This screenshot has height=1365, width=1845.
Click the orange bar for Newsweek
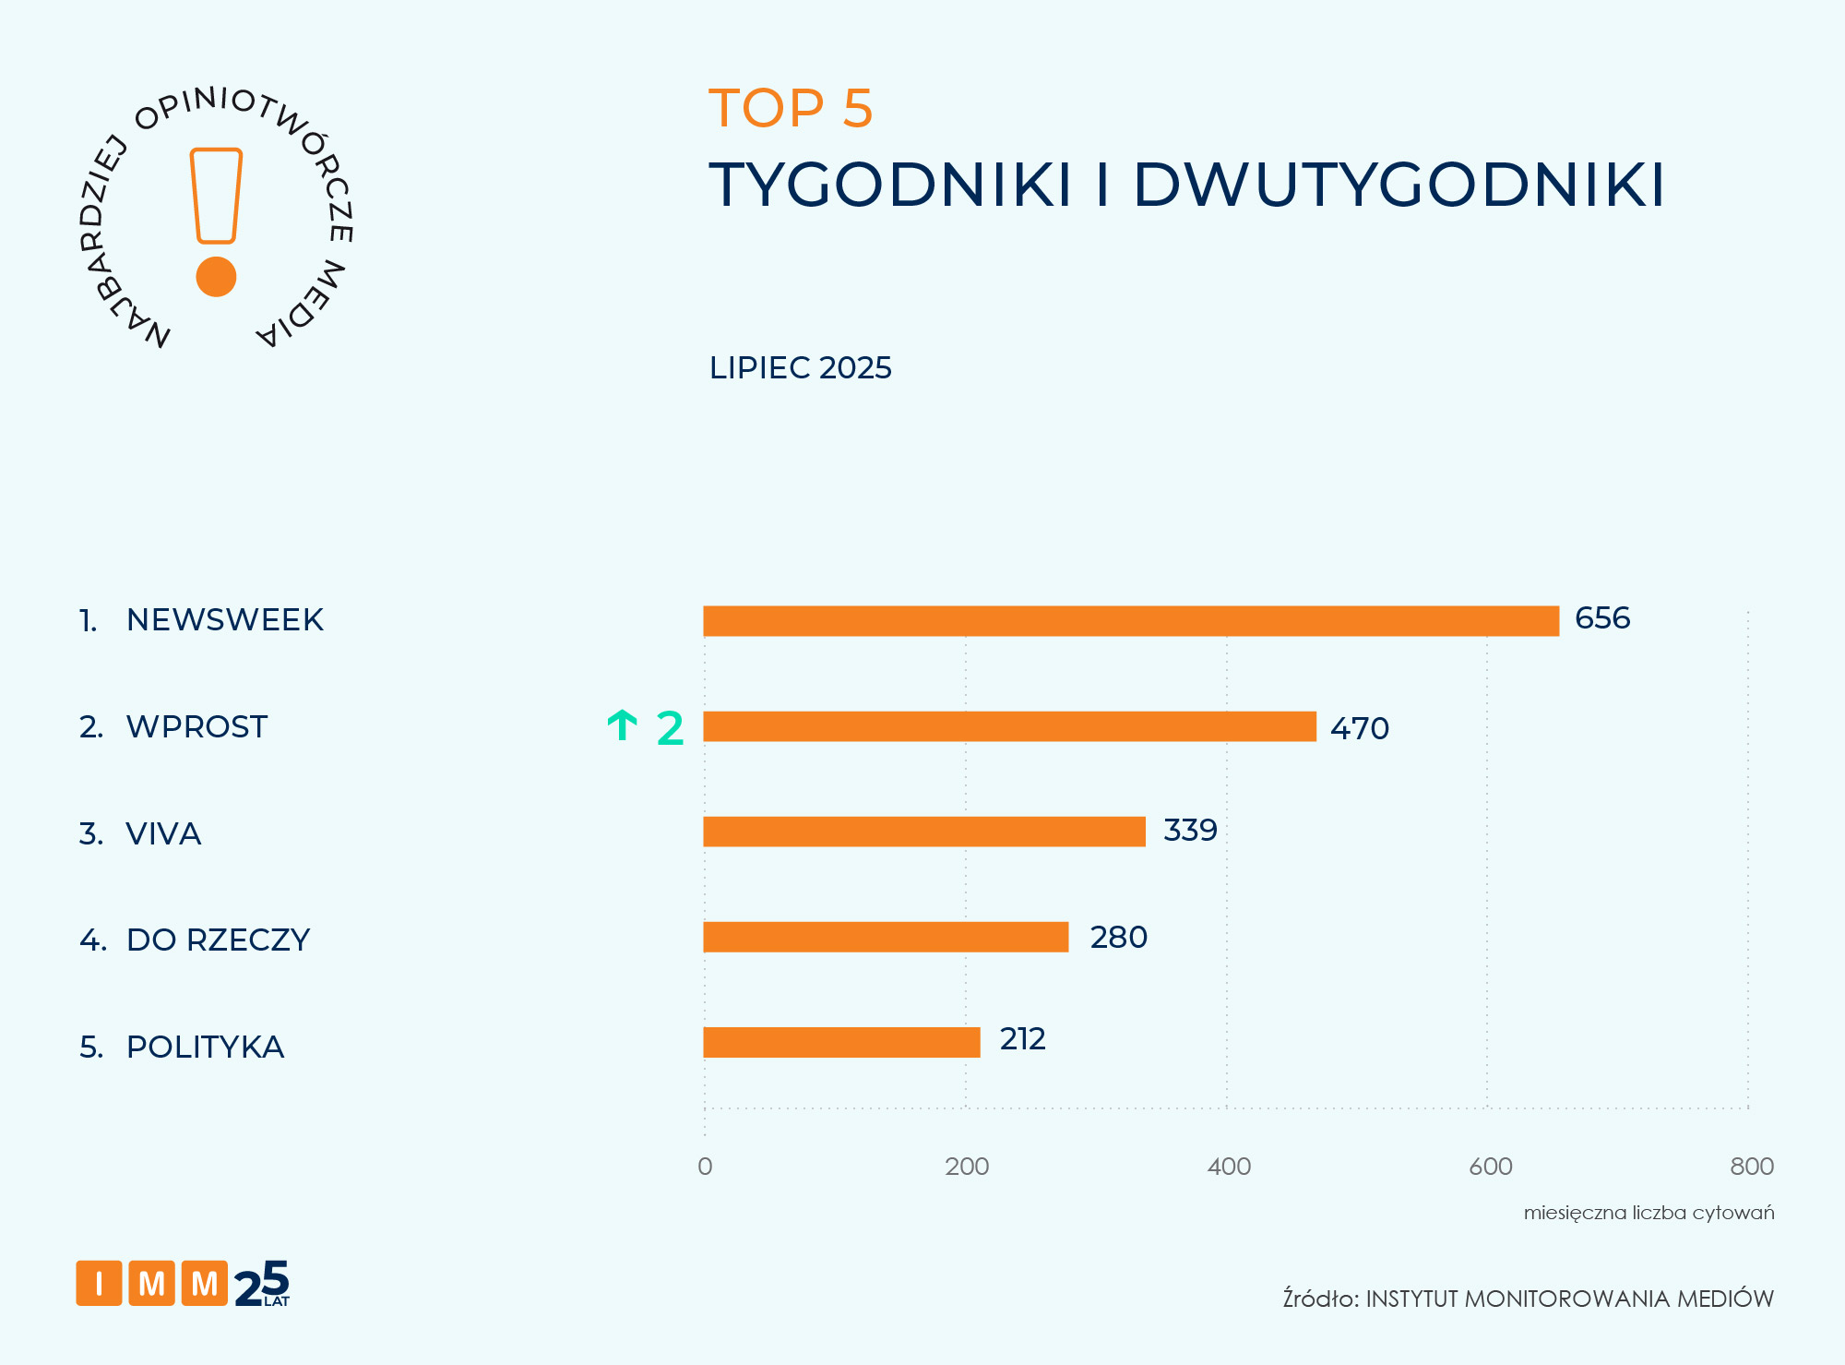(1130, 621)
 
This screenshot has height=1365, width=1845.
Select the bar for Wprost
(1009, 726)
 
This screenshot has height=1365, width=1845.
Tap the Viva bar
(923, 832)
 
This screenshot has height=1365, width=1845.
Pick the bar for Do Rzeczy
(886, 937)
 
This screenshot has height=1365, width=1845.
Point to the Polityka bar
(841, 1042)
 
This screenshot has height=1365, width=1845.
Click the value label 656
(1602, 618)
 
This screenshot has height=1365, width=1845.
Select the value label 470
(1359, 729)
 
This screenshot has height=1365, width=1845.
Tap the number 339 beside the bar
(1190, 831)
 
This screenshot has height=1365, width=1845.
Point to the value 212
(1022, 1039)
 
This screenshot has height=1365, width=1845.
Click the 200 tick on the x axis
(967, 1167)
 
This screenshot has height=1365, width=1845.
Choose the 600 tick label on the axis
(1491, 1167)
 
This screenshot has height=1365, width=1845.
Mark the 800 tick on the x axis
(1752, 1167)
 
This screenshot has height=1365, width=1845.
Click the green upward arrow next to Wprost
(623, 726)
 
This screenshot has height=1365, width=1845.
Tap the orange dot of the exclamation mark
(217, 277)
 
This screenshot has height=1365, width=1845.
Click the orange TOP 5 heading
(791, 109)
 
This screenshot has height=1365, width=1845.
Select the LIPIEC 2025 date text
(800, 368)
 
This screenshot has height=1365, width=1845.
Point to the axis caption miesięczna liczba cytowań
(1649, 1213)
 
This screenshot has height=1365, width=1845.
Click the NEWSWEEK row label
(224, 620)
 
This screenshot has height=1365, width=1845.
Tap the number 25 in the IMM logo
(262, 1284)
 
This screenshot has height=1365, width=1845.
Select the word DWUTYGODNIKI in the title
(1399, 186)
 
